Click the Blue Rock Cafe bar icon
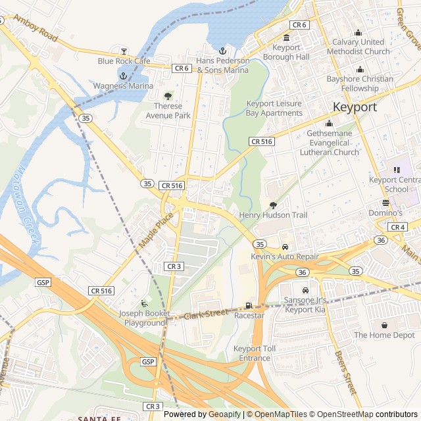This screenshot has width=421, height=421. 123,51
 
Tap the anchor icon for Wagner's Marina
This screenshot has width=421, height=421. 122,76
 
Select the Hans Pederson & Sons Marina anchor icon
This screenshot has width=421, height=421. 222,51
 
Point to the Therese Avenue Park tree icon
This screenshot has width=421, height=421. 168,96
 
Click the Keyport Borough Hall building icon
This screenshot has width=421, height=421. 286,37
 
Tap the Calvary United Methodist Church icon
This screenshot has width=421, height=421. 359,33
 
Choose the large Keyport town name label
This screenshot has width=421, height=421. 355,107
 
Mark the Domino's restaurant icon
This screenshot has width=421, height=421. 386,203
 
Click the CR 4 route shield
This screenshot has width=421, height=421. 397,227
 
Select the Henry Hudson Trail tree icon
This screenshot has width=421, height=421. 274,205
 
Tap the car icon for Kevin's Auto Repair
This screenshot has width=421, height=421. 285,247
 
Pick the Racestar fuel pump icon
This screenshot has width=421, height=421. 248,305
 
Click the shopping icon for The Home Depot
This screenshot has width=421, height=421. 384,324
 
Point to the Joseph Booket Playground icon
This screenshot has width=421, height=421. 144,303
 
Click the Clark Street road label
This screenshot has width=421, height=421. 205,314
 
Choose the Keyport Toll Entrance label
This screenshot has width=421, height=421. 251,353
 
